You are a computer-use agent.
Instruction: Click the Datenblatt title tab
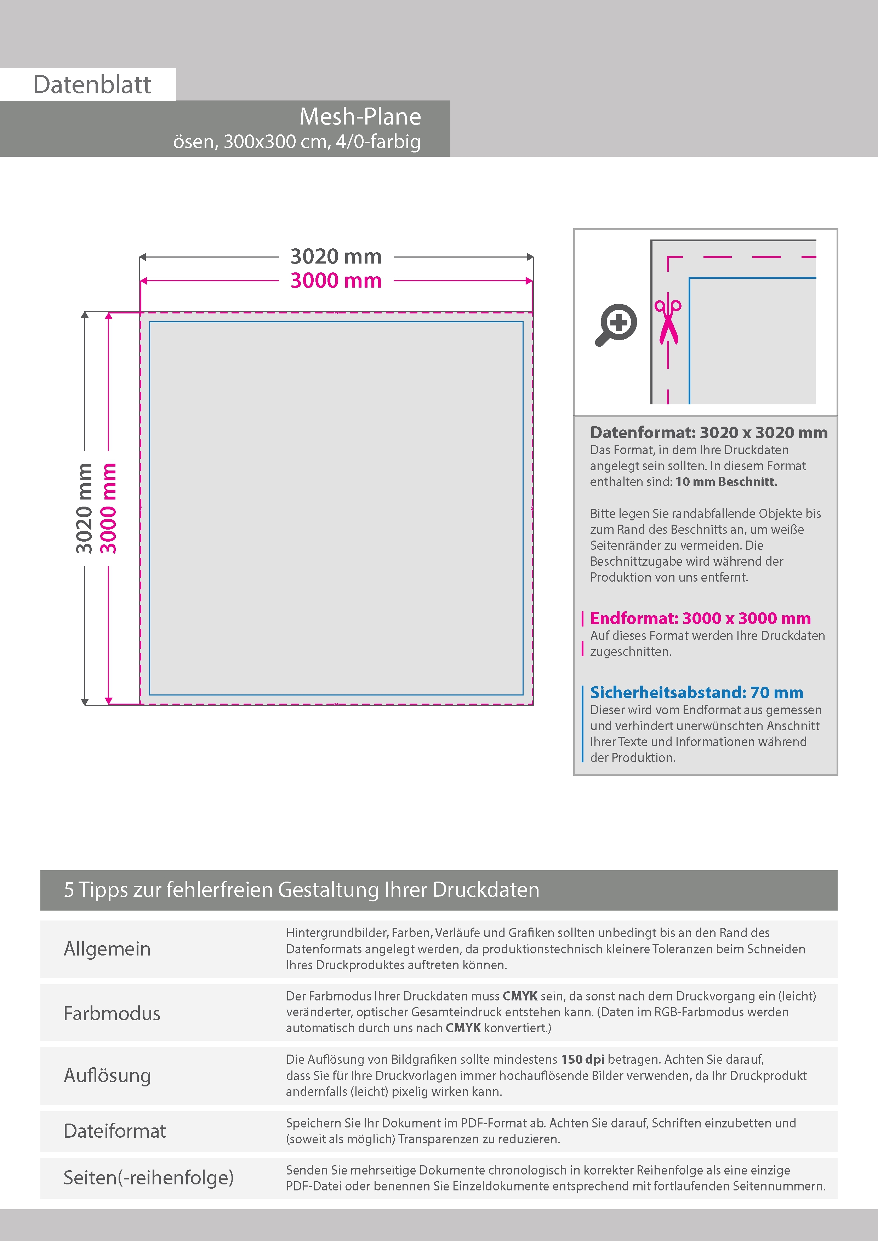(x=92, y=84)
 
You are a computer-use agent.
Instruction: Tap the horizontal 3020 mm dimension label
(x=336, y=256)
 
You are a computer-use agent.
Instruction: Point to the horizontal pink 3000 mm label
(x=336, y=281)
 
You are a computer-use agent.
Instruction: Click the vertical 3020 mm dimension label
(x=84, y=508)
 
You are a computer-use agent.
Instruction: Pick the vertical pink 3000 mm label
(x=108, y=508)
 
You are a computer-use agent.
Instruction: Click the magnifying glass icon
(x=616, y=325)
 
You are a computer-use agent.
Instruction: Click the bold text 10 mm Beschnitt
(x=726, y=481)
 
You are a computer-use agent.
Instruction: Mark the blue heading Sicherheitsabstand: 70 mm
(x=696, y=692)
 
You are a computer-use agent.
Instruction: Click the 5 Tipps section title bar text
(x=301, y=890)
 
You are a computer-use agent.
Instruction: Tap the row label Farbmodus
(x=112, y=1014)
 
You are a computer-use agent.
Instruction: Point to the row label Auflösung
(x=107, y=1075)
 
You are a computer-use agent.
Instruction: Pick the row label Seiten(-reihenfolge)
(x=148, y=1177)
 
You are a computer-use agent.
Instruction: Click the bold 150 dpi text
(x=582, y=1060)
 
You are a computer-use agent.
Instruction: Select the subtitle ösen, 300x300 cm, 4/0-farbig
(x=296, y=142)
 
